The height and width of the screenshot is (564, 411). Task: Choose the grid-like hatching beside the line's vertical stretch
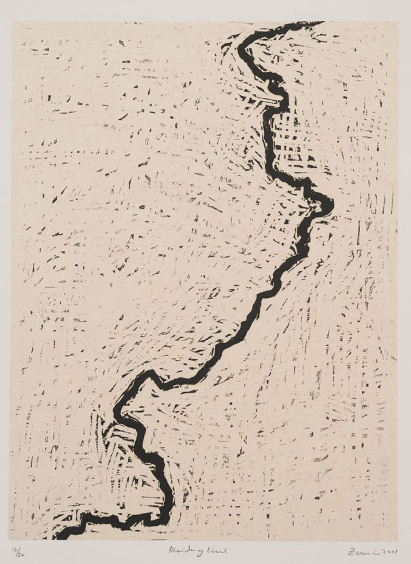point(289,143)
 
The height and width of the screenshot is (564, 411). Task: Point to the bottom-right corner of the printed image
point(396,539)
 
